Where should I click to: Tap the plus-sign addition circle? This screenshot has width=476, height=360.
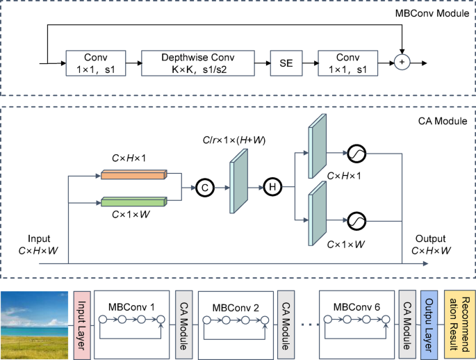402,63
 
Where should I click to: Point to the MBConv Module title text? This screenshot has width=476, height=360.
432,13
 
